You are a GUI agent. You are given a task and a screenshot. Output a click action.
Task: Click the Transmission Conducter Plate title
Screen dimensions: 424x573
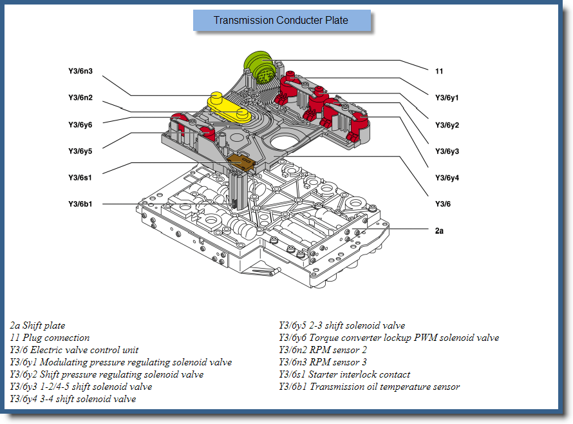pos(281,21)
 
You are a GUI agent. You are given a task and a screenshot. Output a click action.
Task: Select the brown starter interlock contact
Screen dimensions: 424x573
pos(243,162)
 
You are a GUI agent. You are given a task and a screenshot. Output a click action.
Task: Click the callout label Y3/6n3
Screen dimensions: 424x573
pos(80,71)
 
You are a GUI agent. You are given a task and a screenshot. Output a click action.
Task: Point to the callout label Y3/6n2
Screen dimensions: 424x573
pos(80,97)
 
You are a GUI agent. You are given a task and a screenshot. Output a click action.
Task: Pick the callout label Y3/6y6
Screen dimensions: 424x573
pos(80,124)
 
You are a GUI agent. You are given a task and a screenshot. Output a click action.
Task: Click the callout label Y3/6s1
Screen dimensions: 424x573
pos(80,177)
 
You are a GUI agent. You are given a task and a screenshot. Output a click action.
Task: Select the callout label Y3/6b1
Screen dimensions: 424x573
pos(80,204)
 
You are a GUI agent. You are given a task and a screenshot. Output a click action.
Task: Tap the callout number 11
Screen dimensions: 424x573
pos(439,71)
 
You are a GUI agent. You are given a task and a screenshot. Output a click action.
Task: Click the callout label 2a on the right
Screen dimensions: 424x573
pos(439,231)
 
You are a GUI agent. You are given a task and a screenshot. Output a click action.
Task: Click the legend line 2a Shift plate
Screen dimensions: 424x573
pos(37,325)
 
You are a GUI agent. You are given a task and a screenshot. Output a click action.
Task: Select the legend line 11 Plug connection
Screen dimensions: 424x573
pos(50,338)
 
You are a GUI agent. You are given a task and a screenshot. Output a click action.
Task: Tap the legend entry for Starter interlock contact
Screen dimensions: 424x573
pos(344,374)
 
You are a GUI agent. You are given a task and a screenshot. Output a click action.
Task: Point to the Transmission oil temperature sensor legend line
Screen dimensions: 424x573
pos(369,387)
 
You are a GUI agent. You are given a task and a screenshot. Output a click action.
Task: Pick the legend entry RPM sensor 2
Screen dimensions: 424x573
pos(332,350)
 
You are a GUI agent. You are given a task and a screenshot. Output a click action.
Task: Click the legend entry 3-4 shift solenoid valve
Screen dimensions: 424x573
pos(73,399)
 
